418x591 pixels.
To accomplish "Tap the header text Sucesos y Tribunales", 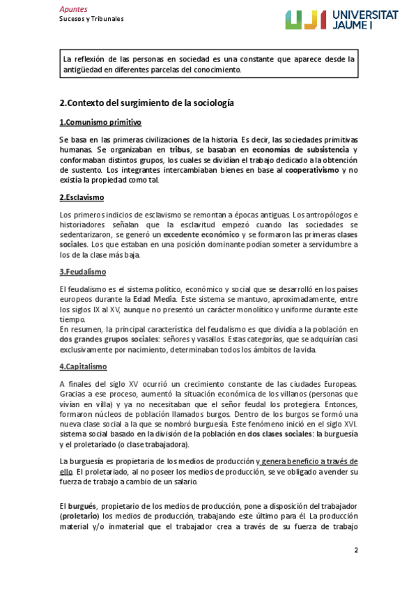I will pyautogui.click(x=91, y=19).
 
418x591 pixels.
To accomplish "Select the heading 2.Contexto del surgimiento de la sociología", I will pyautogui.click(x=146, y=102).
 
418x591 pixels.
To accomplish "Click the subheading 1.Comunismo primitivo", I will pyautogui.click(x=100, y=123).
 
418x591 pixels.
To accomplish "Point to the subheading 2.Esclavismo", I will pyautogui.click(x=82, y=197).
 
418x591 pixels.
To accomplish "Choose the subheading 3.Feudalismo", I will pyautogui.click(x=82, y=272).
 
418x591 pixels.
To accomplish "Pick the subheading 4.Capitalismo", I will pyautogui.click(x=83, y=367).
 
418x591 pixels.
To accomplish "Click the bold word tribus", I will pyautogui.click(x=179, y=150).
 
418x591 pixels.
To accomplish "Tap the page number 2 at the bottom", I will pyautogui.click(x=355, y=550).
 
